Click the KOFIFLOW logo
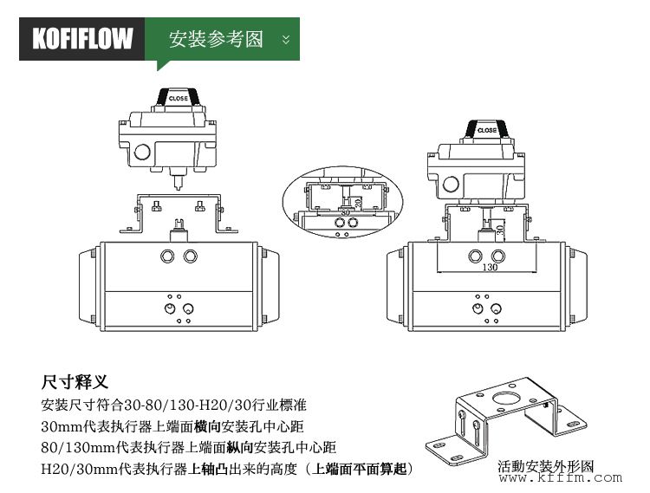click(83, 39)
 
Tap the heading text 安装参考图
click(216, 40)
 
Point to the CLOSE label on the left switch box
click(178, 99)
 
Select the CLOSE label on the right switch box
click(487, 130)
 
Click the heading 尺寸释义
click(74, 382)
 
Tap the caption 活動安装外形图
click(546, 466)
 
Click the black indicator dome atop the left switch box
click(178, 97)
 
